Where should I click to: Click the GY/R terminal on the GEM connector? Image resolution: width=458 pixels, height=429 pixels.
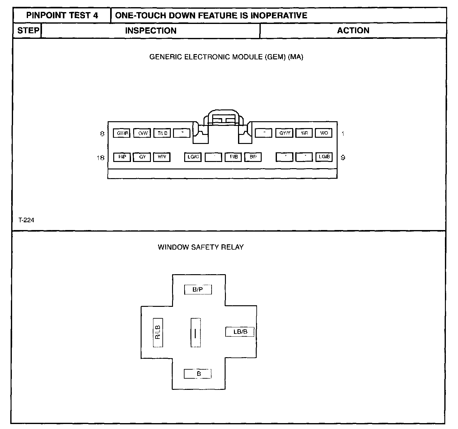122,133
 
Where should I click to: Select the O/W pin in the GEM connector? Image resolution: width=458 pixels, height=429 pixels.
142,133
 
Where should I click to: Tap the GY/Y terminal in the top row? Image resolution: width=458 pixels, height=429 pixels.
284,133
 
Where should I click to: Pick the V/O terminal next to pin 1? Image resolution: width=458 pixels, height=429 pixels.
324,133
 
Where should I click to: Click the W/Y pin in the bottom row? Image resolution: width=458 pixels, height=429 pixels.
162,157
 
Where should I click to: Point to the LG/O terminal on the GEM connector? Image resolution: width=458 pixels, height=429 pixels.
193,157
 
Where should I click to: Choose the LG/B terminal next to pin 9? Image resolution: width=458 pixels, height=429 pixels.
324,157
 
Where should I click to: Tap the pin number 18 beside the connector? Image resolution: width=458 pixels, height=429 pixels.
100,158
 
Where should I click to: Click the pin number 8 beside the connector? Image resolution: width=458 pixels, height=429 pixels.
102,134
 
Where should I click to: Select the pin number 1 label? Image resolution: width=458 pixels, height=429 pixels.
343,134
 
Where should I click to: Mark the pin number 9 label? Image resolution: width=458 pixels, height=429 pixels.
343,158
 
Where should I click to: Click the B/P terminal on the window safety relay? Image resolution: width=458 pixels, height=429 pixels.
198,290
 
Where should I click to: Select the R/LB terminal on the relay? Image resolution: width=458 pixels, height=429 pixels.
158,333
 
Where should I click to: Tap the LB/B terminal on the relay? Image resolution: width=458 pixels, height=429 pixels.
240,332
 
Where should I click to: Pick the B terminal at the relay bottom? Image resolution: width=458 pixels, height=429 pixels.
198,374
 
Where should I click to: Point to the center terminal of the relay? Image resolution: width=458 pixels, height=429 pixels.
195,333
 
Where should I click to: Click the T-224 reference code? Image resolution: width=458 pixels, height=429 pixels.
26,220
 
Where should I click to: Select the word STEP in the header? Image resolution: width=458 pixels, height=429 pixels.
28,30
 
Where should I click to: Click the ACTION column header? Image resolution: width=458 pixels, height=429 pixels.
353,30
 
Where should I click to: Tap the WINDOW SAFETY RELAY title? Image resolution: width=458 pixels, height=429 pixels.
201,247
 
